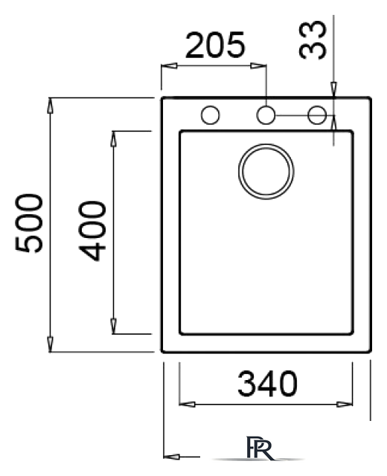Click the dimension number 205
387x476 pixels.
[215, 45]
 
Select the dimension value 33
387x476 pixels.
[313, 39]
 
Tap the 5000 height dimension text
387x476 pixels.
[29, 223]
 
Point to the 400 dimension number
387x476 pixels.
[92, 231]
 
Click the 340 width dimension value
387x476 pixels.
[267, 384]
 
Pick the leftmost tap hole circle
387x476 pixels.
[210, 115]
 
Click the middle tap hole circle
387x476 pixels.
[266, 115]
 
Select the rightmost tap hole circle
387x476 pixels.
[317, 115]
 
